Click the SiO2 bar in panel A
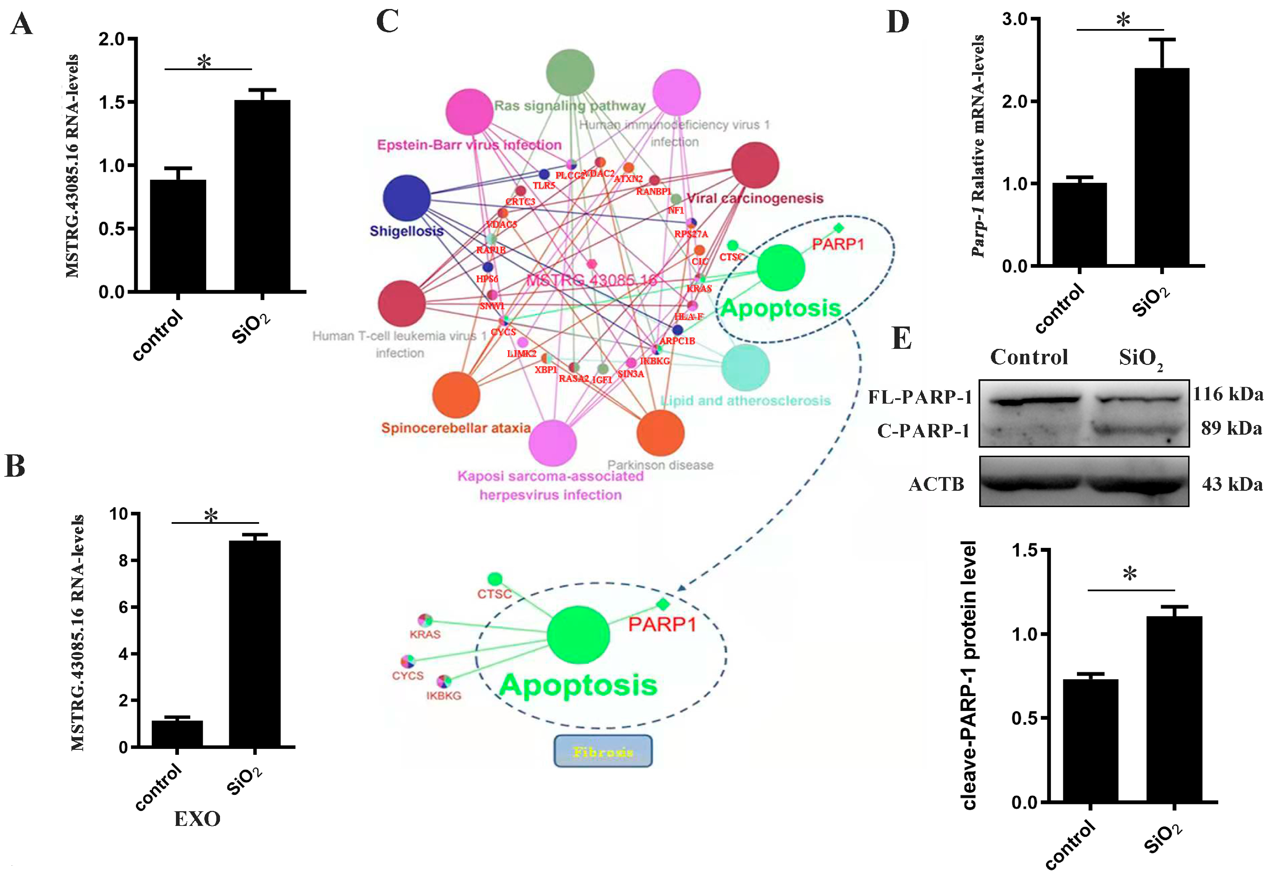click(262, 196)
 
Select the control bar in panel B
click(177, 733)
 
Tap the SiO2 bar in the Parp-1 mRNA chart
click(1162, 167)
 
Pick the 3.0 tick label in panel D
click(1015, 19)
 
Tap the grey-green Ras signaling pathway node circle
click(570, 73)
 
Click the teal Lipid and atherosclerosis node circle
click(745, 367)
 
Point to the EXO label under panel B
click(197, 819)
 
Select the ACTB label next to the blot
click(936, 484)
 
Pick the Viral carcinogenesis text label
click(755, 198)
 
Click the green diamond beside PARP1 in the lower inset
click(663, 605)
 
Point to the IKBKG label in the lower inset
click(443, 696)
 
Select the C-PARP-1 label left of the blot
click(923, 431)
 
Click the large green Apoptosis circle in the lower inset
click(578, 635)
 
